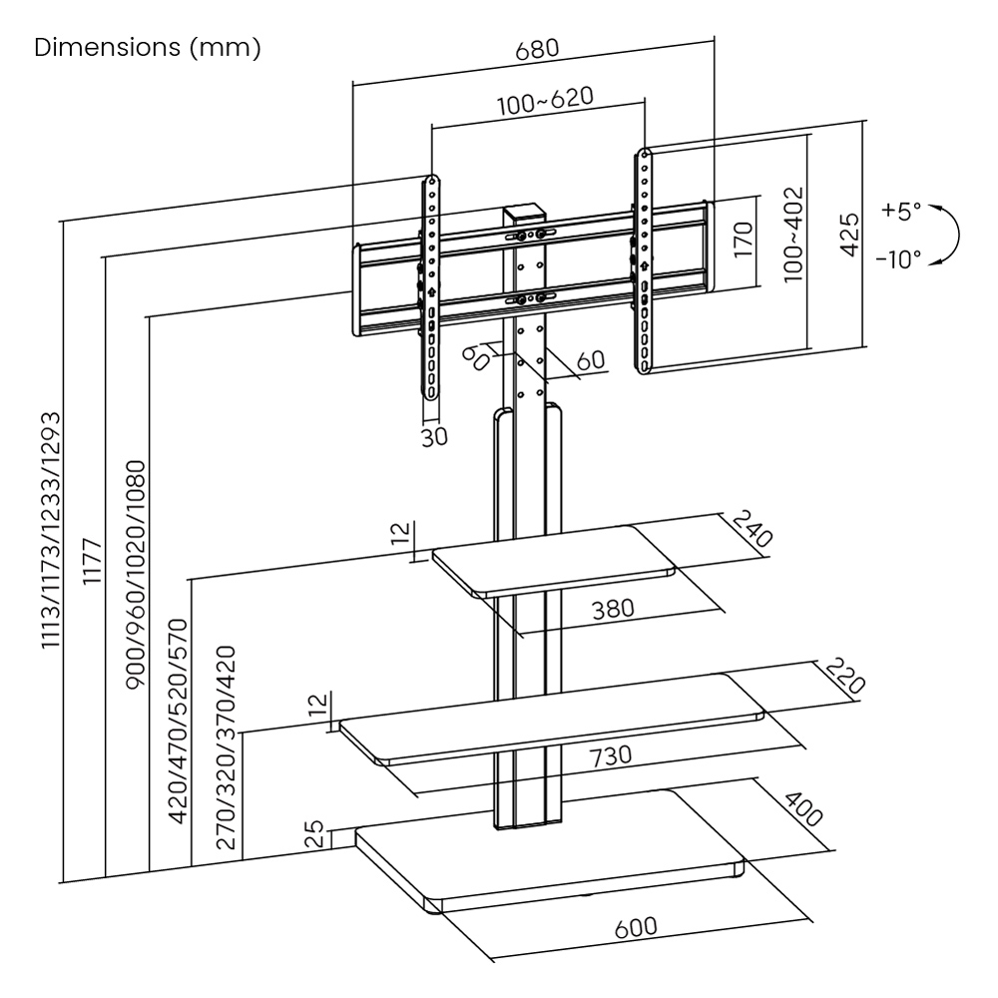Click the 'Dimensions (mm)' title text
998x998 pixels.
pos(148,48)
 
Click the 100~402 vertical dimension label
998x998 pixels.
pos(793,235)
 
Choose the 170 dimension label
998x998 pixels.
pos(742,241)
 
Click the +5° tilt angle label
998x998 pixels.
pos(902,212)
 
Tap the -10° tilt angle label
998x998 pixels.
pos(899,259)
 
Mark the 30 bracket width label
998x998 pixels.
pos(433,436)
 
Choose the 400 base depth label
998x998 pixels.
pos(802,809)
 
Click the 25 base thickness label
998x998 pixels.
pos(313,833)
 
